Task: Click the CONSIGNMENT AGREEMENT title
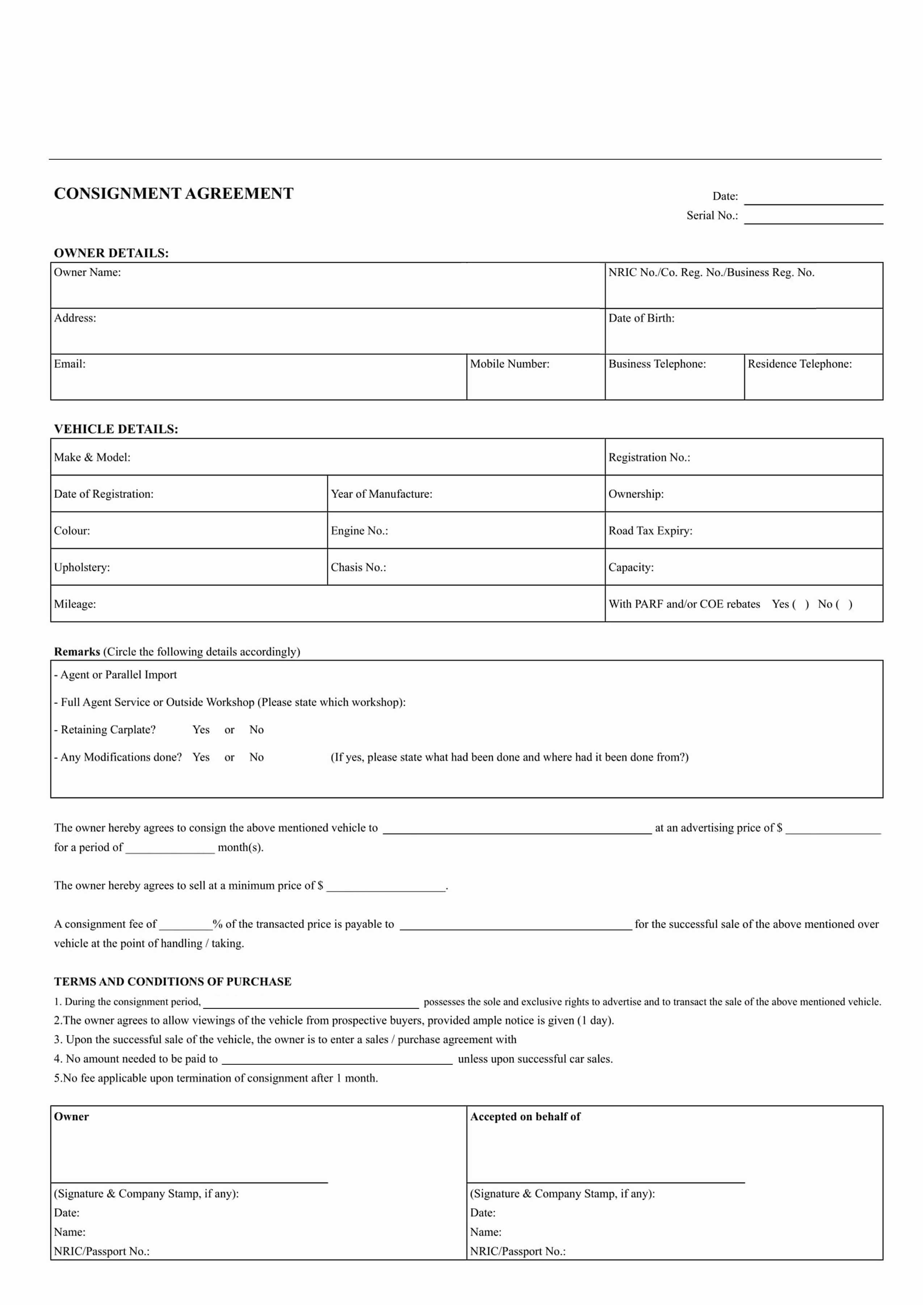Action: point(173,194)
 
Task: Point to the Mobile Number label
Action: point(509,364)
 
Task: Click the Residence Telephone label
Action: point(800,364)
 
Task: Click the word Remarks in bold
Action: point(77,652)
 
